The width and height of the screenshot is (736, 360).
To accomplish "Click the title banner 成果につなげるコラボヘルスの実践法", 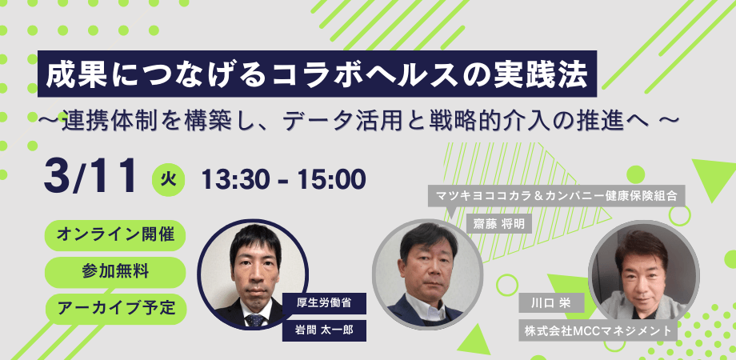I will click(x=318, y=74).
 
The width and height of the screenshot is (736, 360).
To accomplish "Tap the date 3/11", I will click(x=90, y=176).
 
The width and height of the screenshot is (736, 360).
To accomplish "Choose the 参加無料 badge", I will click(x=115, y=270).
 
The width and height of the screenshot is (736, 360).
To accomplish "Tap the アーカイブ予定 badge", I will click(x=115, y=306).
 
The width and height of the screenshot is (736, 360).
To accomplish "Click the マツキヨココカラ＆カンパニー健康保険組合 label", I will click(x=558, y=194).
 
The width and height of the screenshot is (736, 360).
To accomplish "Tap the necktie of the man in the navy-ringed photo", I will click(x=256, y=321).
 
